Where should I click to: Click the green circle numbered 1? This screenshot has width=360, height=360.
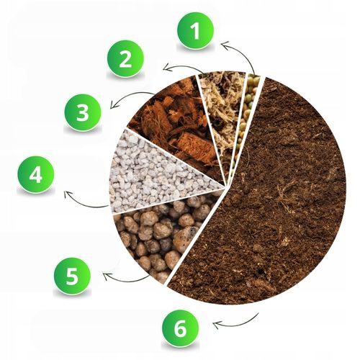tap(195, 31)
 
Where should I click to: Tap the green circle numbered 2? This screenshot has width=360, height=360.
tap(125, 58)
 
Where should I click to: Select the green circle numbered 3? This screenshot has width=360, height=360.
tap(83, 112)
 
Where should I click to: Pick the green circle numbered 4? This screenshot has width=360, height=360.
tap(36, 174)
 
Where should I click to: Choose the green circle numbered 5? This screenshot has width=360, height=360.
tap(72, 276)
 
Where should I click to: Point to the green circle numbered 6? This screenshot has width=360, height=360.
tap(181, 328)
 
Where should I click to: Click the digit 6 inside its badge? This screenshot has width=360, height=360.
tap(181, 328)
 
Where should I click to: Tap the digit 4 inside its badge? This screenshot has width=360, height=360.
tap(36, 174)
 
